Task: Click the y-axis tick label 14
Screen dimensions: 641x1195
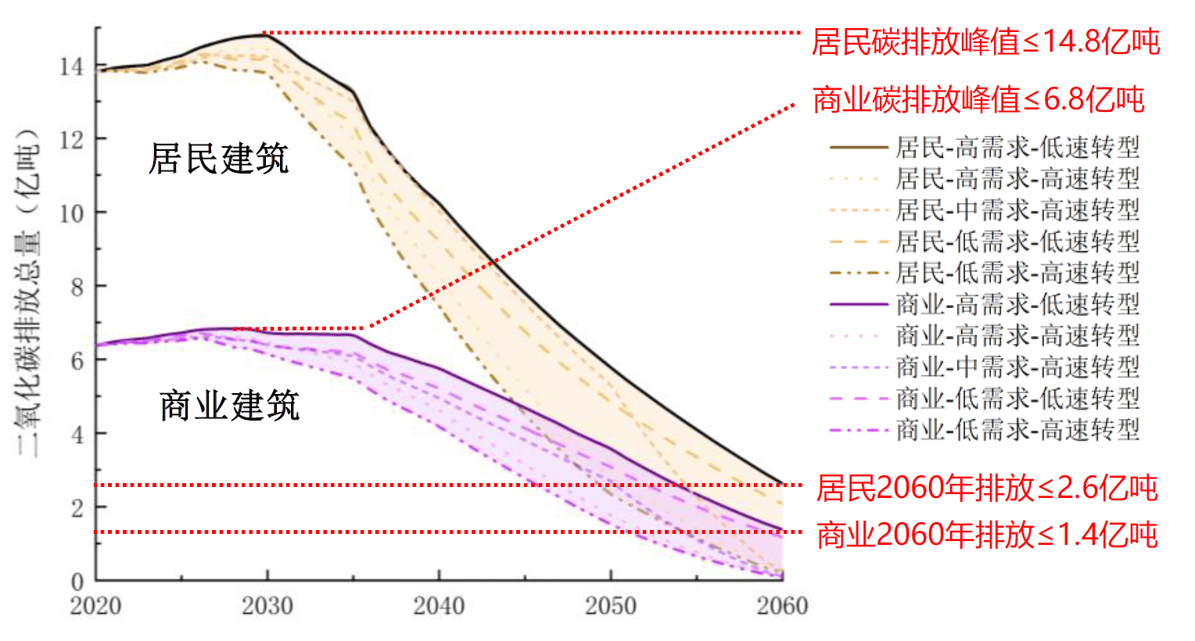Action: pyautogui.click(x=71, y=66)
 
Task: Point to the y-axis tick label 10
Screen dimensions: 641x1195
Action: pyautogui.click(x=71, y=213)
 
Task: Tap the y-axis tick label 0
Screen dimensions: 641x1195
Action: pyautogui.click(x=77, y=582)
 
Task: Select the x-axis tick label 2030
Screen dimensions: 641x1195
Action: pyautogui.click(x=267, y=606)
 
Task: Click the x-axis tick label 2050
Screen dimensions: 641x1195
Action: pyautogui.click(x=611, y=606)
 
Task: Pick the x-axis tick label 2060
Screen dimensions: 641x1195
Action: pyautogui.click(x=782, y=606)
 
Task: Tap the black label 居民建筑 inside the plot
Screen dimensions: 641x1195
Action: pyautogui.click(x=219, y=159)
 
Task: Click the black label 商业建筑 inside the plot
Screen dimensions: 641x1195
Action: pyautogui.click(x=229, y=406)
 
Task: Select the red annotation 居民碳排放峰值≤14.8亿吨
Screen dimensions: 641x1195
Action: pyautogui.click(x=985, y=41)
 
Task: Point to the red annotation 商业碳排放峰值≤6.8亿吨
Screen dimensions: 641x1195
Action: pyautogui.click(x=978, y=100)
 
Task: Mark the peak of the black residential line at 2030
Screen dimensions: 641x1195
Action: pyautogui.click(x=266, y=35)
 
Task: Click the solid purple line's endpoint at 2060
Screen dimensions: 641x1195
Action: pyautogui.click(x=782, y=530)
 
